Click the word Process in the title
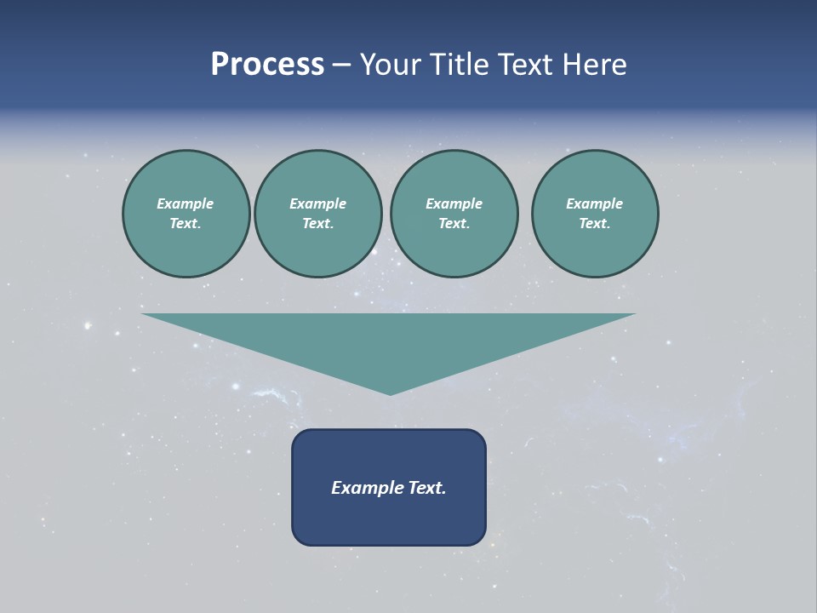[x=267, y=65]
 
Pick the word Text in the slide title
[x=524, y=65]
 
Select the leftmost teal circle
[x=186, y=214]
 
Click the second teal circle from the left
[x=317, y=214]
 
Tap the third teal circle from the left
[x=454, y=214]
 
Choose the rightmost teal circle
[x=594, y=214]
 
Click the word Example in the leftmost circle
[x=186, y=203]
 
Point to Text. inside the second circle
[x=317, y=224]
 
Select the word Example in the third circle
[x=454, y=203]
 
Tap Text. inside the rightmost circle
[x=594, y=224]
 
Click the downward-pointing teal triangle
[x=389, y=341]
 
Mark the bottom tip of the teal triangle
[x=390, y=392]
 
